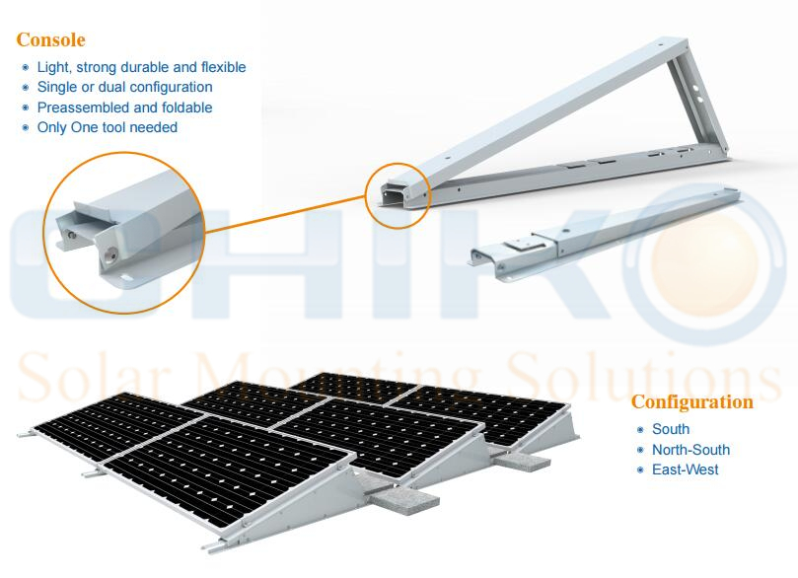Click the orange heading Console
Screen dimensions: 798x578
pos(50,39)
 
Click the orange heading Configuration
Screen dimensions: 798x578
pos(692,402)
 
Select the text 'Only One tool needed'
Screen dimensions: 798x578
pos(108,127)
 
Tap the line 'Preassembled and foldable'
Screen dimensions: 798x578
pos(124,108)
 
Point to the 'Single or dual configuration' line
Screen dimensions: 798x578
pos(124,87)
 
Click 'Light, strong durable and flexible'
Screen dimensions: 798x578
pos(141,67)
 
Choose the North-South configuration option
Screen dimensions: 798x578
pos(690,450)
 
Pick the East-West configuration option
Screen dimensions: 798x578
pos(685,470)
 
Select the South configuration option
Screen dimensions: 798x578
pos(671,429)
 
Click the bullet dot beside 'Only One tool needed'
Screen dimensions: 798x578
pos(26,127)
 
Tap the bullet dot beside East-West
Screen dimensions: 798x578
pos(640,470)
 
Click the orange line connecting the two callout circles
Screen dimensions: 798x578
pos(285,214)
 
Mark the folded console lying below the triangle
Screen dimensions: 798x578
pos(605,233)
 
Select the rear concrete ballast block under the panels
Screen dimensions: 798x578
pos(522,461)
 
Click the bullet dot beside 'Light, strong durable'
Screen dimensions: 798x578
pos(26,67)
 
